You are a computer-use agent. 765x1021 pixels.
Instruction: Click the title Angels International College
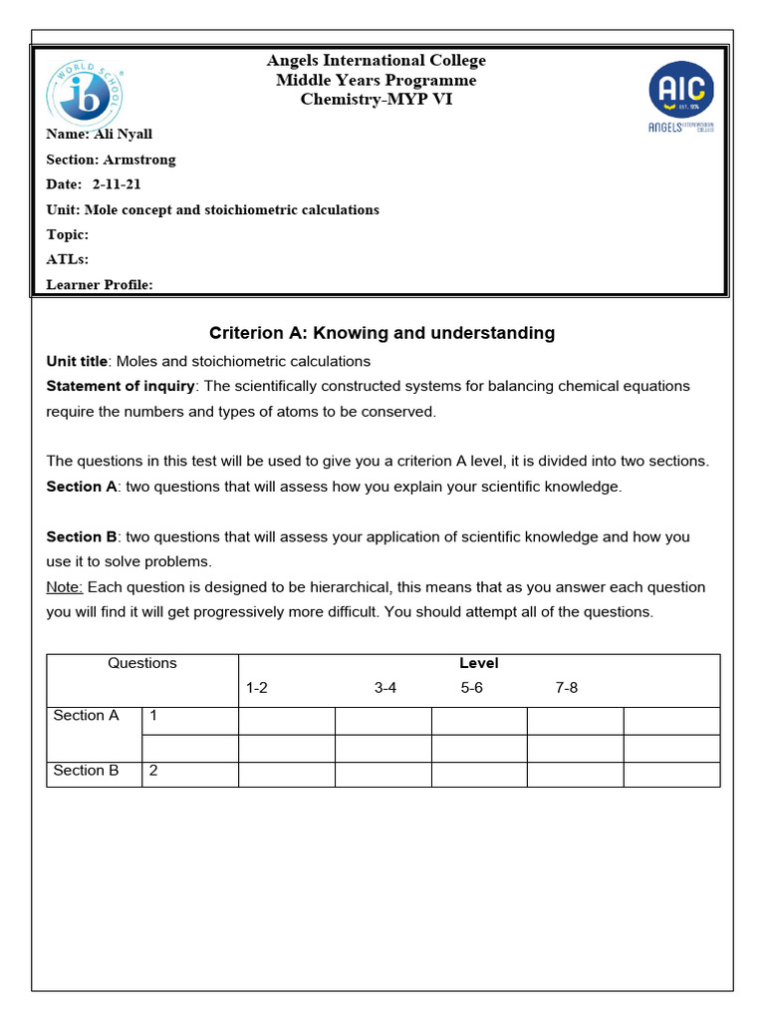point(377,61)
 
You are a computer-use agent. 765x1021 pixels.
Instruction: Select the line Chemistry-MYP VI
point(377,99)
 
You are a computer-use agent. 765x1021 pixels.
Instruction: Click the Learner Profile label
point(100,285)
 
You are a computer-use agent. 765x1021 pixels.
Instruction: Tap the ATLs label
point(68,259)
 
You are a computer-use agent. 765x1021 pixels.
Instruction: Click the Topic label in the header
point(68,234)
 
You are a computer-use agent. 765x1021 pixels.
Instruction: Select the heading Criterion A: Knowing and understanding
point(382,333)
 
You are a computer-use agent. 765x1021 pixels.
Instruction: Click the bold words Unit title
point(77,361)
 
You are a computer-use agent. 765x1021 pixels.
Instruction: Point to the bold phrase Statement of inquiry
point(121,386)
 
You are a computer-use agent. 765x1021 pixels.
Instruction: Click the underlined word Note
point(63,586)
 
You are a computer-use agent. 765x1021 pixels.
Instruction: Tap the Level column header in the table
point(478,663)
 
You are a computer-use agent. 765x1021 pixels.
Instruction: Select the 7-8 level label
point(566,688)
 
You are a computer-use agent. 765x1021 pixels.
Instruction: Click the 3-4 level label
point(385,688)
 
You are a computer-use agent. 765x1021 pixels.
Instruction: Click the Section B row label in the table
point(86,770)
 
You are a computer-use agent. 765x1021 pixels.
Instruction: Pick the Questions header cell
point(142,663)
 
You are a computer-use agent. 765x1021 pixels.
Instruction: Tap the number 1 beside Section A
point(153,715)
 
